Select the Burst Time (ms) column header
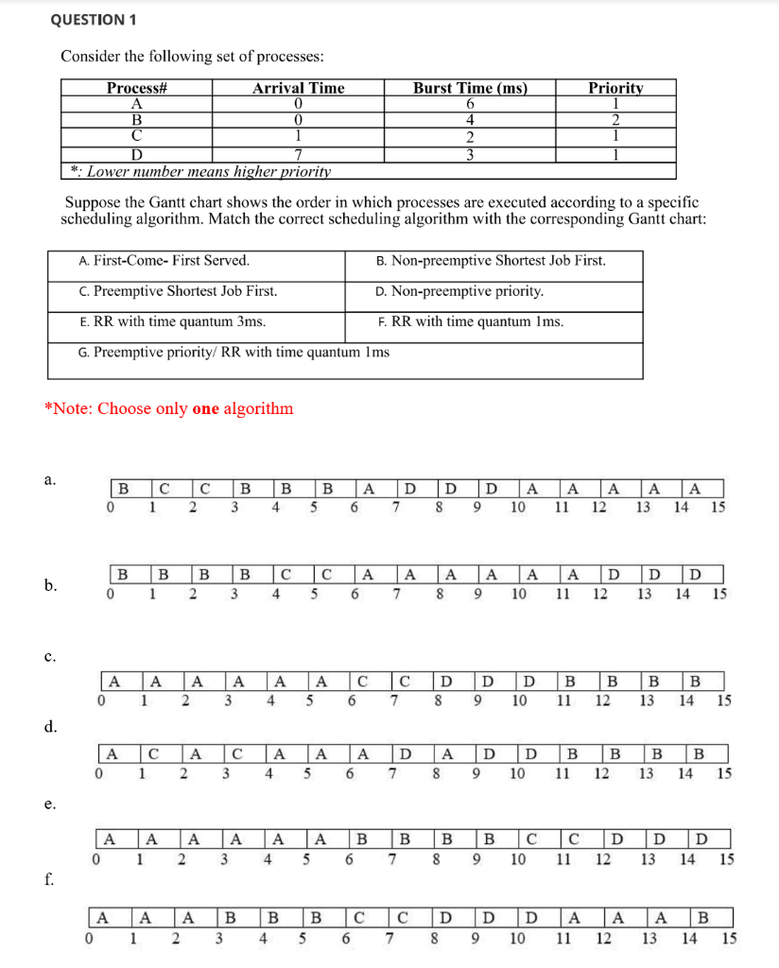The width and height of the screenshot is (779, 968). coord(469,88)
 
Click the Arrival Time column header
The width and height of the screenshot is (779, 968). coord(298,88)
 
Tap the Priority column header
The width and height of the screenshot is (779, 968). coord(615,88)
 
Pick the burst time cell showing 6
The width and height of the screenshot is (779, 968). coord(469,103)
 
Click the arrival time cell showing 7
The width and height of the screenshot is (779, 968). coord(298,155)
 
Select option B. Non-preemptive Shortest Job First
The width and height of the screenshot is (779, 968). coord(491,261)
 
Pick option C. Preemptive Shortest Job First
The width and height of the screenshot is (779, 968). coord(179,291)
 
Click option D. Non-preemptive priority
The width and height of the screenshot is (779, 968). coord(459,291)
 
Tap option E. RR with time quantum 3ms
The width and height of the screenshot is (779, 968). coord(173,321)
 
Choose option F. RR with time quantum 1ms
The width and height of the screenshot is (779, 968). coord(470,321)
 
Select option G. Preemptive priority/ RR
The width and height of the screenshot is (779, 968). coord(234,352)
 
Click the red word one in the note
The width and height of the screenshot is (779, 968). coord(205,409)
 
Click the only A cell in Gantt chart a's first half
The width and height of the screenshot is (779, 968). coord(369,489)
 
